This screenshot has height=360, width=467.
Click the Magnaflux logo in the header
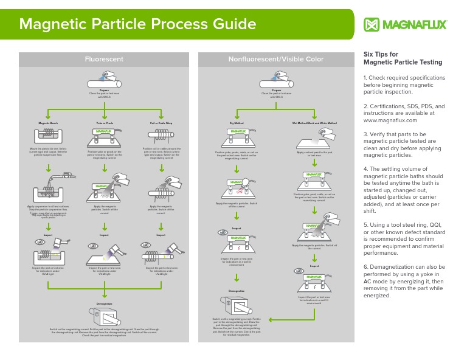[405, 25]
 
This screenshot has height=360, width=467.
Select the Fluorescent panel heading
[103, 59]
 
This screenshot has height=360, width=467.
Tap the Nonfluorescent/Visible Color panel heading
[275, 59]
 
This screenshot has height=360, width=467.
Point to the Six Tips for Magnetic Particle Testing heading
[402, 58]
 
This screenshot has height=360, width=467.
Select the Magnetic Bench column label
[47, 122]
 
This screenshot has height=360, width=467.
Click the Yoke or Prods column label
[104, 122]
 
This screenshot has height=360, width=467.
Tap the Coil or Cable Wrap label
[161, 122]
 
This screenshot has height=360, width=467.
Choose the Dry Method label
[237, 122]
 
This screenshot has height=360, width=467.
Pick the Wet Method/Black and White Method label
[314, 122]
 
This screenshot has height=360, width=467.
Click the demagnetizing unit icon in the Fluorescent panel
[104, 317]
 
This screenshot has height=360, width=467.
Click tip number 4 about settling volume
[404, 189]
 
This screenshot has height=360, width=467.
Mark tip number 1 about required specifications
[404, 86]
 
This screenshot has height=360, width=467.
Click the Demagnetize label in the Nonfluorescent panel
[237, 291]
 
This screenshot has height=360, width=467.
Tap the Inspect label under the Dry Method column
[237, 229]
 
